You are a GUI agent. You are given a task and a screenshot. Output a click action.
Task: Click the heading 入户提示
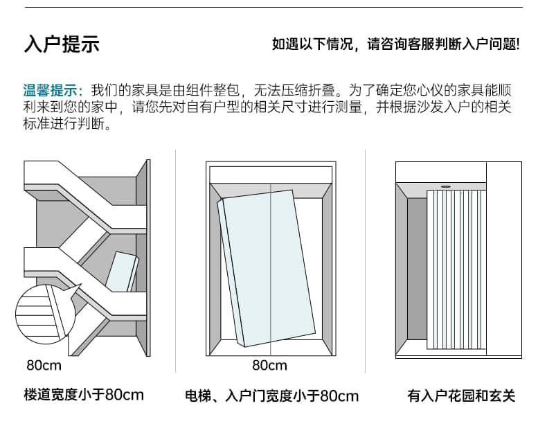click(x=62, y=44)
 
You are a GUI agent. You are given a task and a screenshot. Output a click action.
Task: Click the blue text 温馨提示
click(x=52, y=91)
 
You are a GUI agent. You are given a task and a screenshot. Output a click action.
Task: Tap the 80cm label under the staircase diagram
click(x=44, y=365)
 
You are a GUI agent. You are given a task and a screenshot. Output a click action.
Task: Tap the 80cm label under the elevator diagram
click(x=269, y=365)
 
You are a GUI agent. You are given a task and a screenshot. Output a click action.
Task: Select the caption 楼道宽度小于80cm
click(x=84, y=395)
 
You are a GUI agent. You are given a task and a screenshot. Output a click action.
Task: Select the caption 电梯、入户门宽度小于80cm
click(x=271, y=396)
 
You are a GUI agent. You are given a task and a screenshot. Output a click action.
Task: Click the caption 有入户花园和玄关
click(x=461, y=396)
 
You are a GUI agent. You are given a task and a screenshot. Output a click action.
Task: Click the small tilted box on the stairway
click(x=123, y=273)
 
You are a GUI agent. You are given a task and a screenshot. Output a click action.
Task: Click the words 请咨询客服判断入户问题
click(x=443, y=44)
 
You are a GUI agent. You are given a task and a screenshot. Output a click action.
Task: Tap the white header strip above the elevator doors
click(x=269, y=173)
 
